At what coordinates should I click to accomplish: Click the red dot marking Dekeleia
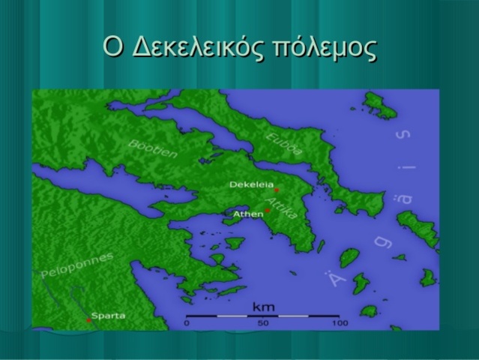coord(277,190)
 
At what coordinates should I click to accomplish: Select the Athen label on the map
coord(248,214)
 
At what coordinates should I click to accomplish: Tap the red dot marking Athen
coord(268,211)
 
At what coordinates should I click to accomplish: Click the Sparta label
coord(109,316)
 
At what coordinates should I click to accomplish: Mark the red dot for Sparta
coord(88,320)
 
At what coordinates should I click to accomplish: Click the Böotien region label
coord(154,148)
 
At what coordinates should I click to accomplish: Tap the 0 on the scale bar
coord(187,323)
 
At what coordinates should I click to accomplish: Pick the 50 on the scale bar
coord(263,323)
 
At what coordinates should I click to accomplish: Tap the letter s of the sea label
coord(405,136)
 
